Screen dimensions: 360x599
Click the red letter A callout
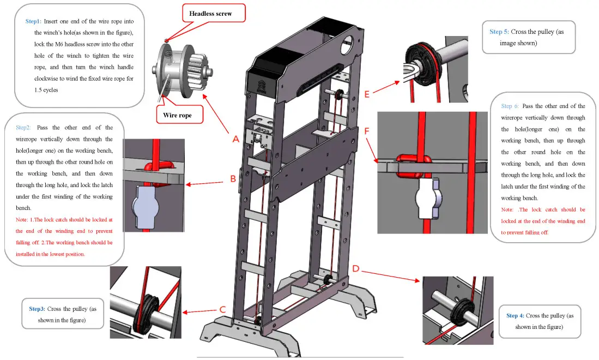point(236,139)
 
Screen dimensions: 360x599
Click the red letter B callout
point(233,178)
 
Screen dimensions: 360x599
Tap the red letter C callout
point(222,309)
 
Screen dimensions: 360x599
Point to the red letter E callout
point(367,94)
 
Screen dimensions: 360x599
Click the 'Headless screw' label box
point(210,14)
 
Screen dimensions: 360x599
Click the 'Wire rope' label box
point(177,115)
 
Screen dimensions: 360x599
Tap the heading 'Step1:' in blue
point(33,21)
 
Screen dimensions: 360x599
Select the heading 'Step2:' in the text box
point(23,127)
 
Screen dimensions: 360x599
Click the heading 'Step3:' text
point(38,309)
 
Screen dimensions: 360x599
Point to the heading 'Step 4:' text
point(515,315)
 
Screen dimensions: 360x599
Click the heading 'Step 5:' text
point(499,32)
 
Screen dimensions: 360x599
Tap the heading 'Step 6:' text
point(510,106)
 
